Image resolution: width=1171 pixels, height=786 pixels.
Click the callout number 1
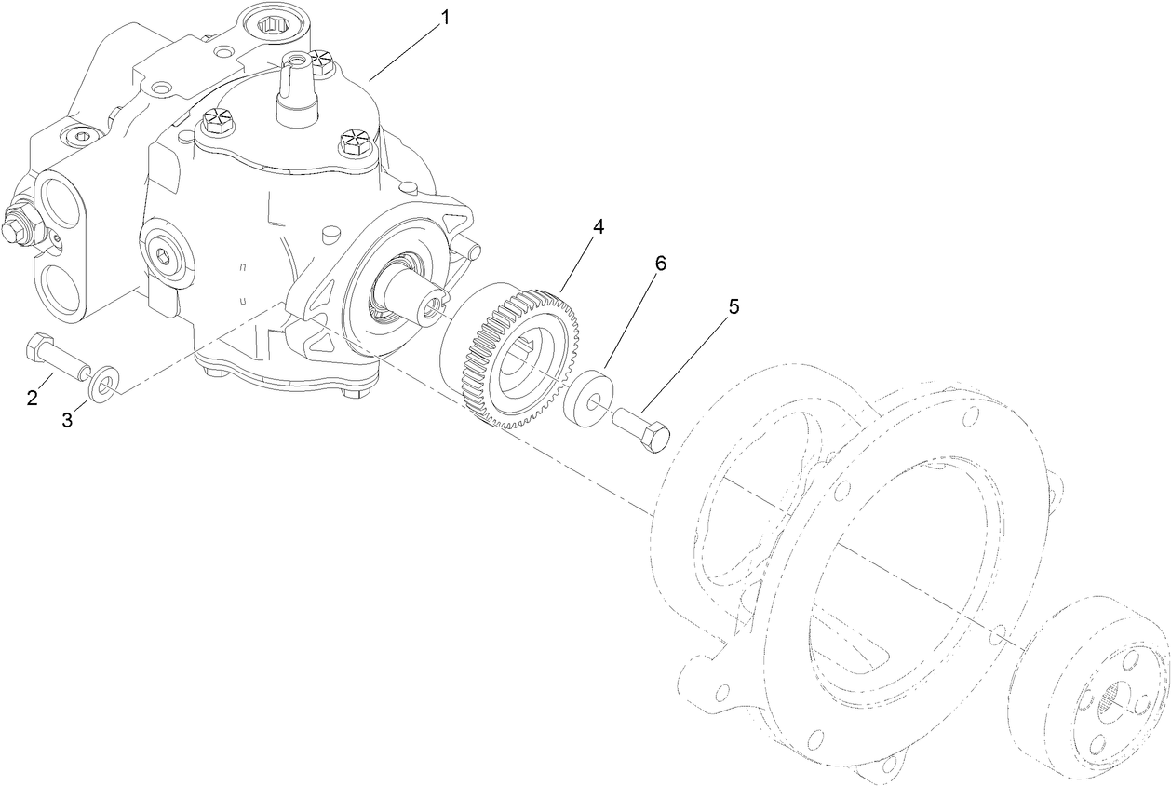click(x=446, y=18)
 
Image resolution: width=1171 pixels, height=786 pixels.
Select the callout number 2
click(x=33, y=399)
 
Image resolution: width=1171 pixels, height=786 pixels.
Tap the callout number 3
click(x=67, y=420)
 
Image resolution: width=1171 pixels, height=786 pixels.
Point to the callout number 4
click(x=599, y=227)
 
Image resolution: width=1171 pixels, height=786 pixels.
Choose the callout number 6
click(x=660, y=264)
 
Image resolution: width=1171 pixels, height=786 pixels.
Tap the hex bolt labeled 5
click(x=642, y=431)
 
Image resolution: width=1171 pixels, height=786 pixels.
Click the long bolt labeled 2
click(x=56, y=359)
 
